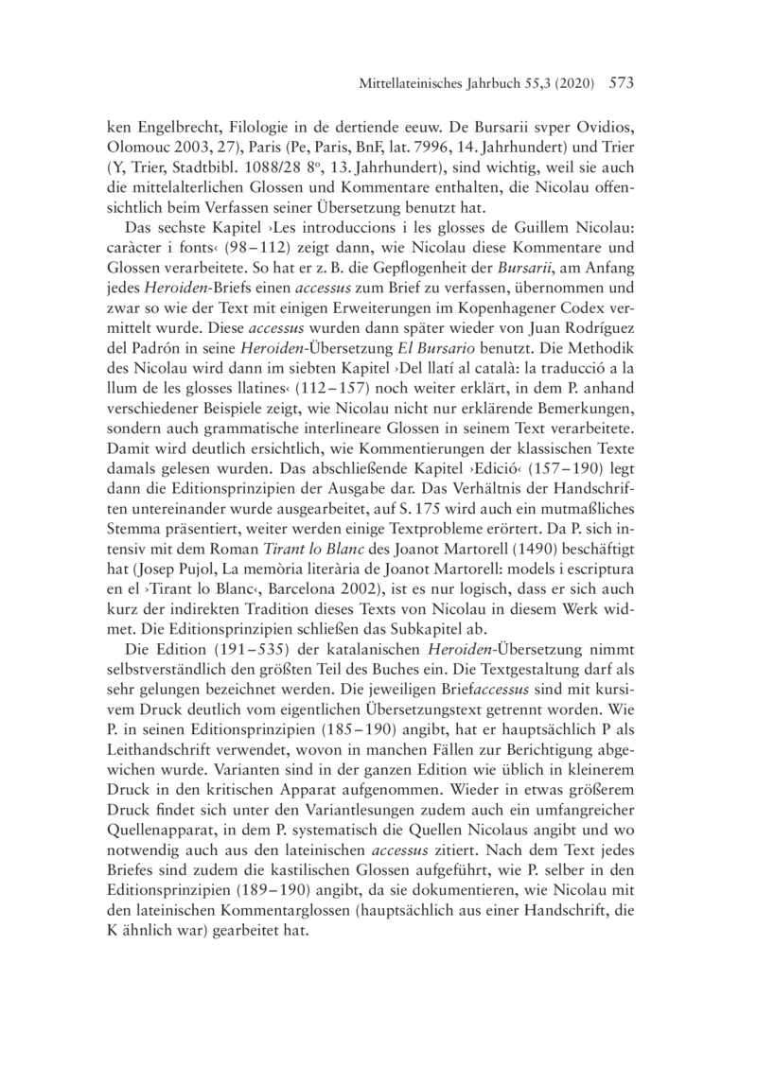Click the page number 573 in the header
click(x=617, y=84)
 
